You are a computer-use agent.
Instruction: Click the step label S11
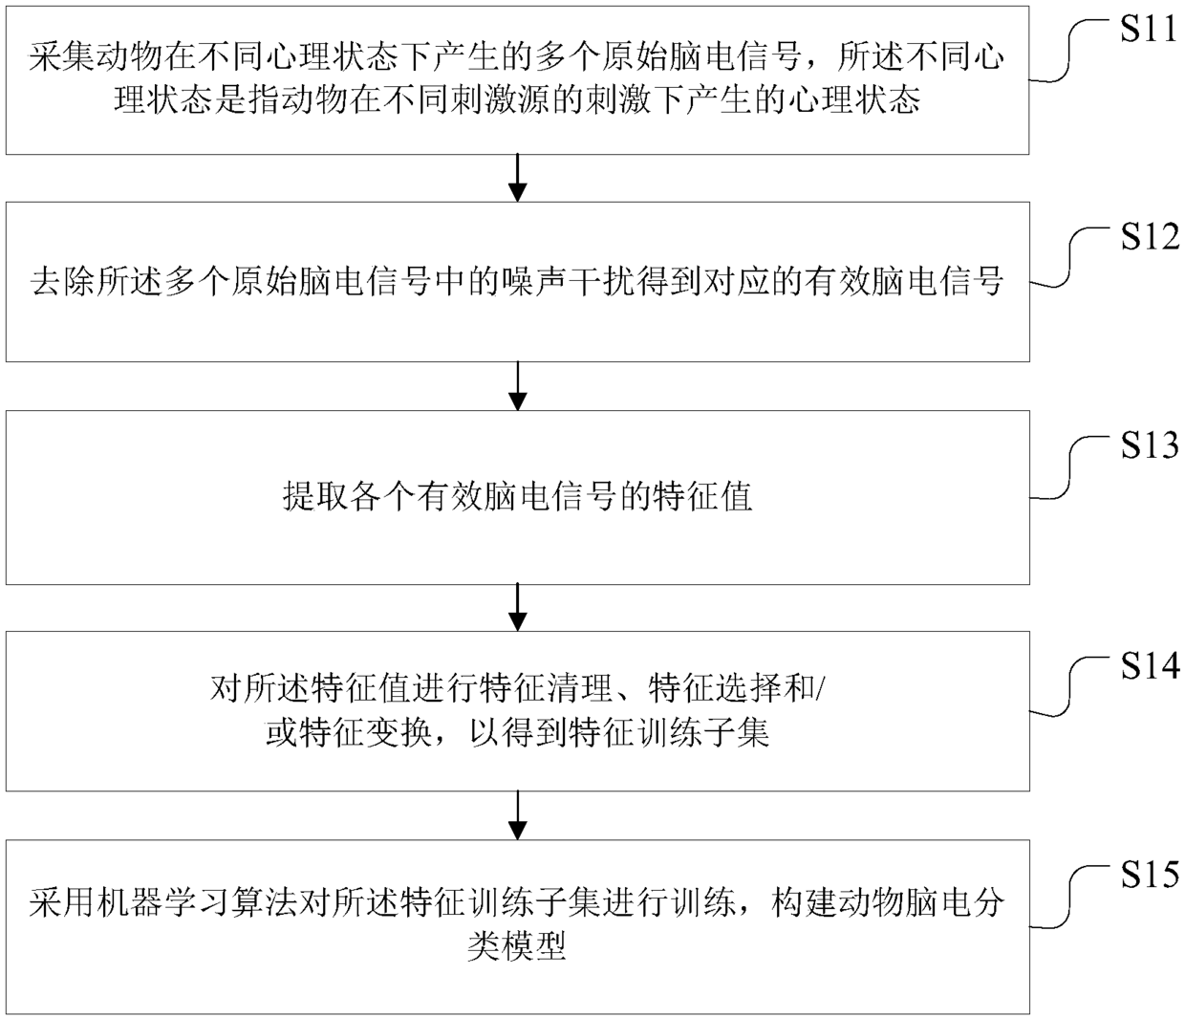(1149, 30)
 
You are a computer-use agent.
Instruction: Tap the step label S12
(1149, 236)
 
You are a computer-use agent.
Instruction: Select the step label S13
(1149, 445)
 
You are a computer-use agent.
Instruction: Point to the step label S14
(1149, 665)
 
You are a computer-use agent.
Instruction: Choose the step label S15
(1149, 874)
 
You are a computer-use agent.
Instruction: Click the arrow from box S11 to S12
(517, 178)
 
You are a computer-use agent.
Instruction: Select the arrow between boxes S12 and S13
(517, 386)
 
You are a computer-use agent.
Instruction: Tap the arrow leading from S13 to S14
(517, 607)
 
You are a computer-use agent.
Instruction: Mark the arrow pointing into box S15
(517, 815)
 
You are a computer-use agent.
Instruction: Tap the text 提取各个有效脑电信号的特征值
(517, 497)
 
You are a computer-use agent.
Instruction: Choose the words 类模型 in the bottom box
(517, 946)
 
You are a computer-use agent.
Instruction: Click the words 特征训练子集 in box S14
(669, 734)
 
